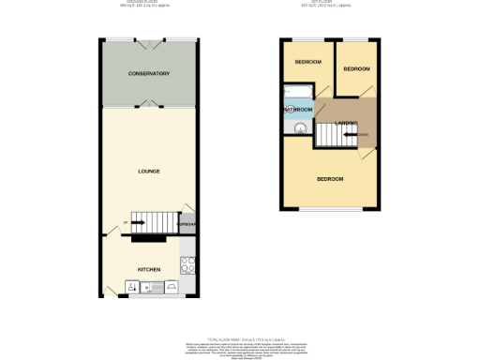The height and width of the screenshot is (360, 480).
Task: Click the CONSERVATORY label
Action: pos(149,73)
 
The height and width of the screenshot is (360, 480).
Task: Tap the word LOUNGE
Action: pos(149,172)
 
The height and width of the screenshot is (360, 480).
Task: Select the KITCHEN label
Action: pos(149,270)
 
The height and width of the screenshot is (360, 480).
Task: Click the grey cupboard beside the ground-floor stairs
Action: pos(187,226)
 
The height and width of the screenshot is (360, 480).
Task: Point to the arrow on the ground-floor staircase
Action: pos(137,223)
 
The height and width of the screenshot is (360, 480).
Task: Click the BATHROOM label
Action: pos(298,109)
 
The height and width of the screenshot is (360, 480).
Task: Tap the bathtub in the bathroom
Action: pos(297,92)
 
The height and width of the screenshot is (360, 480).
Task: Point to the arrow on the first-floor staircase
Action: pos(352,136)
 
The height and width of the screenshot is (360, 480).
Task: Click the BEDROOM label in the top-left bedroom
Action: pos(307,62)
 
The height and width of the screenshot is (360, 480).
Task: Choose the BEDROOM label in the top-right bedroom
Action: pos(356,69)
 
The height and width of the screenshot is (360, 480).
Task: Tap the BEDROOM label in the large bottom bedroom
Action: pos(329,178)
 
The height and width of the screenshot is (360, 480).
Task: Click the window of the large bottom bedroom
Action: pos(329,209)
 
